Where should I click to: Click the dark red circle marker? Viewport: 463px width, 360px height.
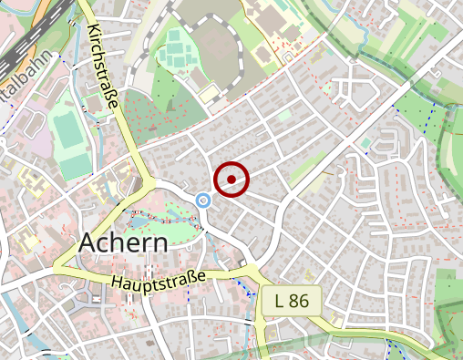coord(232,179)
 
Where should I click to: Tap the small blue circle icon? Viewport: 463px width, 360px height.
coord(204,200)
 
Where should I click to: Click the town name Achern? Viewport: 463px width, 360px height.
coord(123,243)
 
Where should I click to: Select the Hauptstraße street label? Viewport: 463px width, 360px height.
coord(159,279)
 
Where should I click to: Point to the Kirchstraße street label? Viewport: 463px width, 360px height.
coord(104,69)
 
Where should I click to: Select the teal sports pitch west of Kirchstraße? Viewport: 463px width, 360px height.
coord(68,131)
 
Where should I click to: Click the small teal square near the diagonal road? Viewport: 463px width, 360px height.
coord(364,143)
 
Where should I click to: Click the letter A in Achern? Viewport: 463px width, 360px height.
coord(88,243)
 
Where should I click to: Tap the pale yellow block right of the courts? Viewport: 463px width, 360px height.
coord(211,93)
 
